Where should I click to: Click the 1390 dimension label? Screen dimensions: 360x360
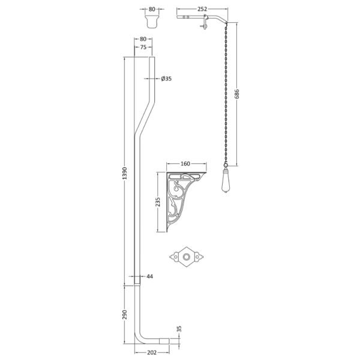(124, 173)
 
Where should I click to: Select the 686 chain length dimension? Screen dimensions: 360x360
(237, 94)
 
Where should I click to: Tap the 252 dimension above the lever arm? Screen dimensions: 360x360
(202, 9)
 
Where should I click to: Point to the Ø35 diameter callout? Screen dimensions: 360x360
(166, 79)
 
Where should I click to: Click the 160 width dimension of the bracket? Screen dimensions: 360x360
(185, 163)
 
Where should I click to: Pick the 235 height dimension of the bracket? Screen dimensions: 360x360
(158, 202)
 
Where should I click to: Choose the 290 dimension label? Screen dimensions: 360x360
(124, 314)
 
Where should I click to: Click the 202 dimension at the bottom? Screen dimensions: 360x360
(152, 352)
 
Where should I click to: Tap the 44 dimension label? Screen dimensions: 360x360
(149, 277)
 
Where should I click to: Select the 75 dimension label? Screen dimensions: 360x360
(143, 47)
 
